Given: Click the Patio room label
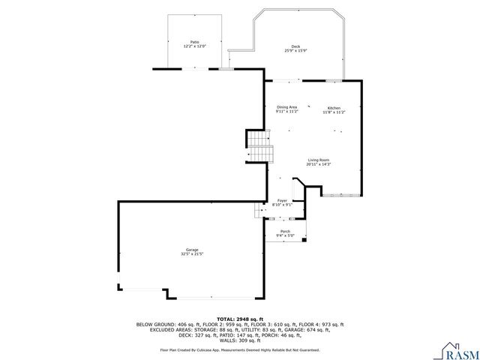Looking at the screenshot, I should tap(194, 42).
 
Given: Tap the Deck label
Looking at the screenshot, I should tap(295, 46).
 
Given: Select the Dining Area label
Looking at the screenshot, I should tap(286, 107).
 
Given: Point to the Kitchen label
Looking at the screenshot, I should tap(334, 107).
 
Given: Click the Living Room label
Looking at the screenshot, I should tap(319, 160).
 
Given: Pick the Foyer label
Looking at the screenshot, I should tap(282, 200).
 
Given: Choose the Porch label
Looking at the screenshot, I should tap(285, 231).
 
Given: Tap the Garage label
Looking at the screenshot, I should tap(192, 250).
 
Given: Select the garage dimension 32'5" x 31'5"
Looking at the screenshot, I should tap(192, 254).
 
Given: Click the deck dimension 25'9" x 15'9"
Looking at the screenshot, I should tap(295, 51).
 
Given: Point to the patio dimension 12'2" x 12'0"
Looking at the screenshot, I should tap(194, 46).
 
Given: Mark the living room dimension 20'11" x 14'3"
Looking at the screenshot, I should tap(319, 164).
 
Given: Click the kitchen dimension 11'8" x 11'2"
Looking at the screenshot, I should tap(334, 112).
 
